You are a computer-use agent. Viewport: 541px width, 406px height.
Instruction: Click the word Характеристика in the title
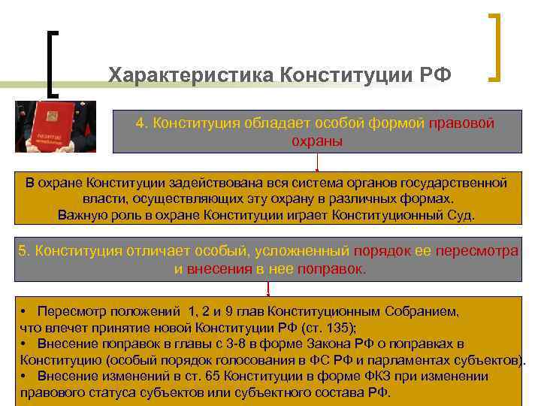(191, 75)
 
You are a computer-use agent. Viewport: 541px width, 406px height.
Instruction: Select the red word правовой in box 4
(461, 123)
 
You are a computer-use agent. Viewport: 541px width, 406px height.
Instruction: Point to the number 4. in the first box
(141, 123)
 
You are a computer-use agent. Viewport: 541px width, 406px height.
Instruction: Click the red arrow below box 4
(318, 162)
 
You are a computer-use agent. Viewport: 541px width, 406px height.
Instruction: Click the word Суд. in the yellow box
(459, 216)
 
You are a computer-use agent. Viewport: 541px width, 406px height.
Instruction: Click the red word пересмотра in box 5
(481, 250)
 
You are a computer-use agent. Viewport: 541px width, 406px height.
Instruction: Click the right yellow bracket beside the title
(496, 47)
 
